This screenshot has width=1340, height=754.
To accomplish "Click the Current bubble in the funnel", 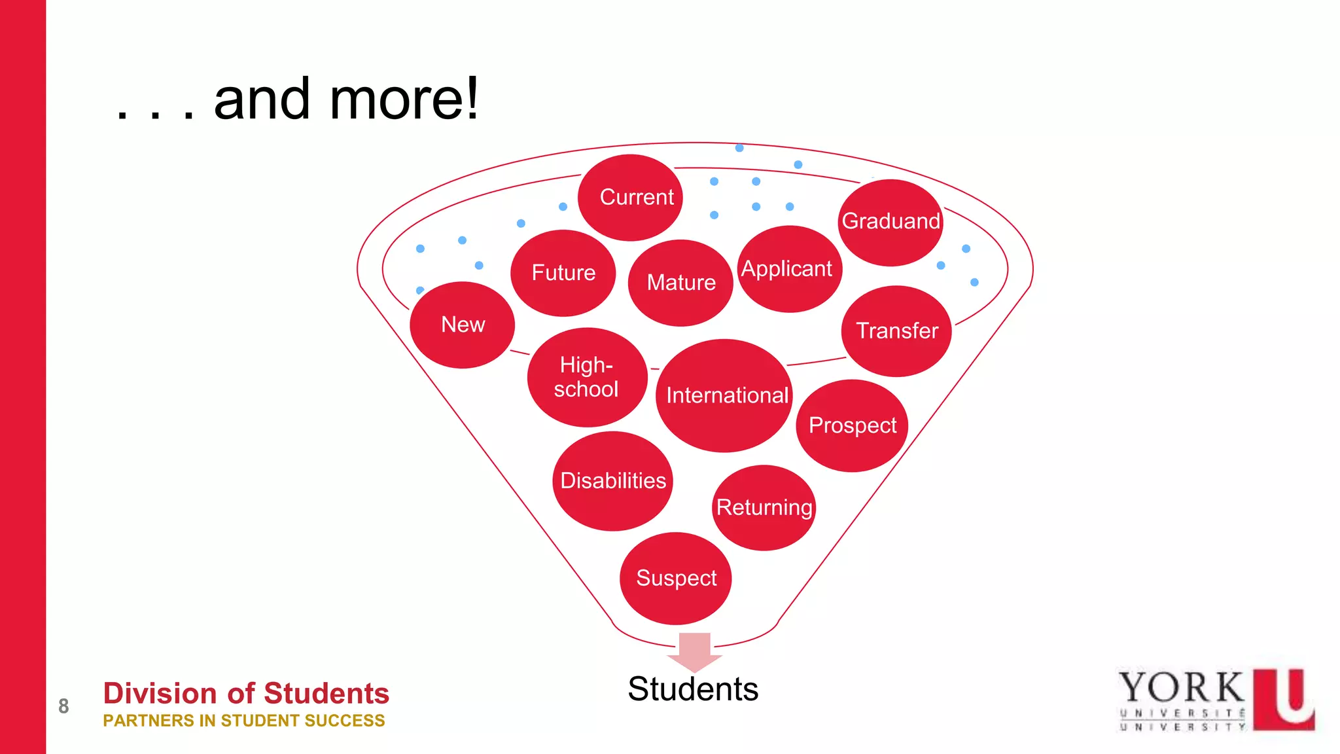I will coord(630,197).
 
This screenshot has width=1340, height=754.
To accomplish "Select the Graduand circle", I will coord(890,222).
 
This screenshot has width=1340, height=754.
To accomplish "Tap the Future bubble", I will coord(563,272).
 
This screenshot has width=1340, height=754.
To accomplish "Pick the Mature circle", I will coord(680,282).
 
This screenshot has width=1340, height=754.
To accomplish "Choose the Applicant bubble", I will coord(789,269).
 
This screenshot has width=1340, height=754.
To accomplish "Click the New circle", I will coord(463,325).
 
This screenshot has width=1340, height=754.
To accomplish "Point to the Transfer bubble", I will coord(896,331).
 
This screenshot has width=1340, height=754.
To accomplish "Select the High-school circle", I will coord(587,377).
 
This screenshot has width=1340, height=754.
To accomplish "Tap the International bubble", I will coord(725,395).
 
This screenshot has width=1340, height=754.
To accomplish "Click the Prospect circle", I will coord(852,425).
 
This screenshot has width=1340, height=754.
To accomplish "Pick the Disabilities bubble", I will coord(612,480).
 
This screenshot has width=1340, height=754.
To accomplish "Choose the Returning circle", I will coord(764,507).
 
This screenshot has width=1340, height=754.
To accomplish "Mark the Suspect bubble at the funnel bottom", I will coord(675,578).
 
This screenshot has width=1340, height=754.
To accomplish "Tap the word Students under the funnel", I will coord(693,689).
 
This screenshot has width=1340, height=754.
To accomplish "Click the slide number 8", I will coord(63,706).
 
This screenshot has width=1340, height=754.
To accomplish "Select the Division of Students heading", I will coord(246,693).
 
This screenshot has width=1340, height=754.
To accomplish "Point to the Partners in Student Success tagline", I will coord(244,721).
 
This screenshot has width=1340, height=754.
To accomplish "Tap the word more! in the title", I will coord(404,99).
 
